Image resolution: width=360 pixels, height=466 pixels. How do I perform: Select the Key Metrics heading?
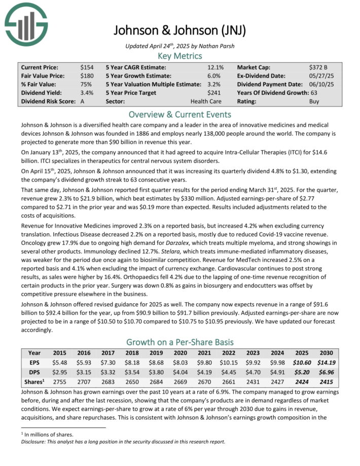(x=179, y=56)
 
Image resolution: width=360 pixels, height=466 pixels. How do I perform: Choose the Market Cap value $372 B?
(x=318, y=67)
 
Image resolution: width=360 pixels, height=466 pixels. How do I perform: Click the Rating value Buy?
(x=314, y=101)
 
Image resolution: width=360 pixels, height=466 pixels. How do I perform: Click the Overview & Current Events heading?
(x=179, y=114)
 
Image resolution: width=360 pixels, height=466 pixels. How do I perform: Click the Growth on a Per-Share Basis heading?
(x=179, y=342)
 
